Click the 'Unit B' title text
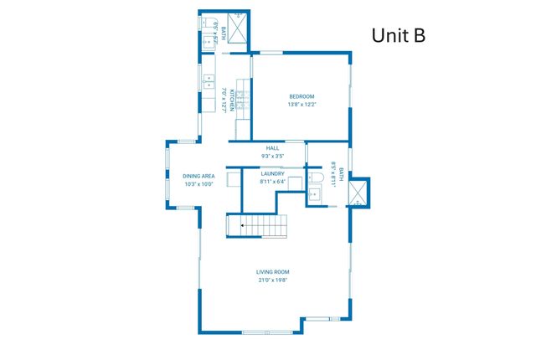[399, 34]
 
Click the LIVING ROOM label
[273, 272]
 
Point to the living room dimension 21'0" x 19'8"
[273, 280]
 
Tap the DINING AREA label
[198, 176]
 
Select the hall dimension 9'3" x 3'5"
[273, 157]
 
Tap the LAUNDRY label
[273, 173]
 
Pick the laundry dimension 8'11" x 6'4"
[273, 181]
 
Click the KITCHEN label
[228, 99]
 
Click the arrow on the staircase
[235, 225]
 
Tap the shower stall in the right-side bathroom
[358, 193]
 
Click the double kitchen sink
[208, 82]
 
